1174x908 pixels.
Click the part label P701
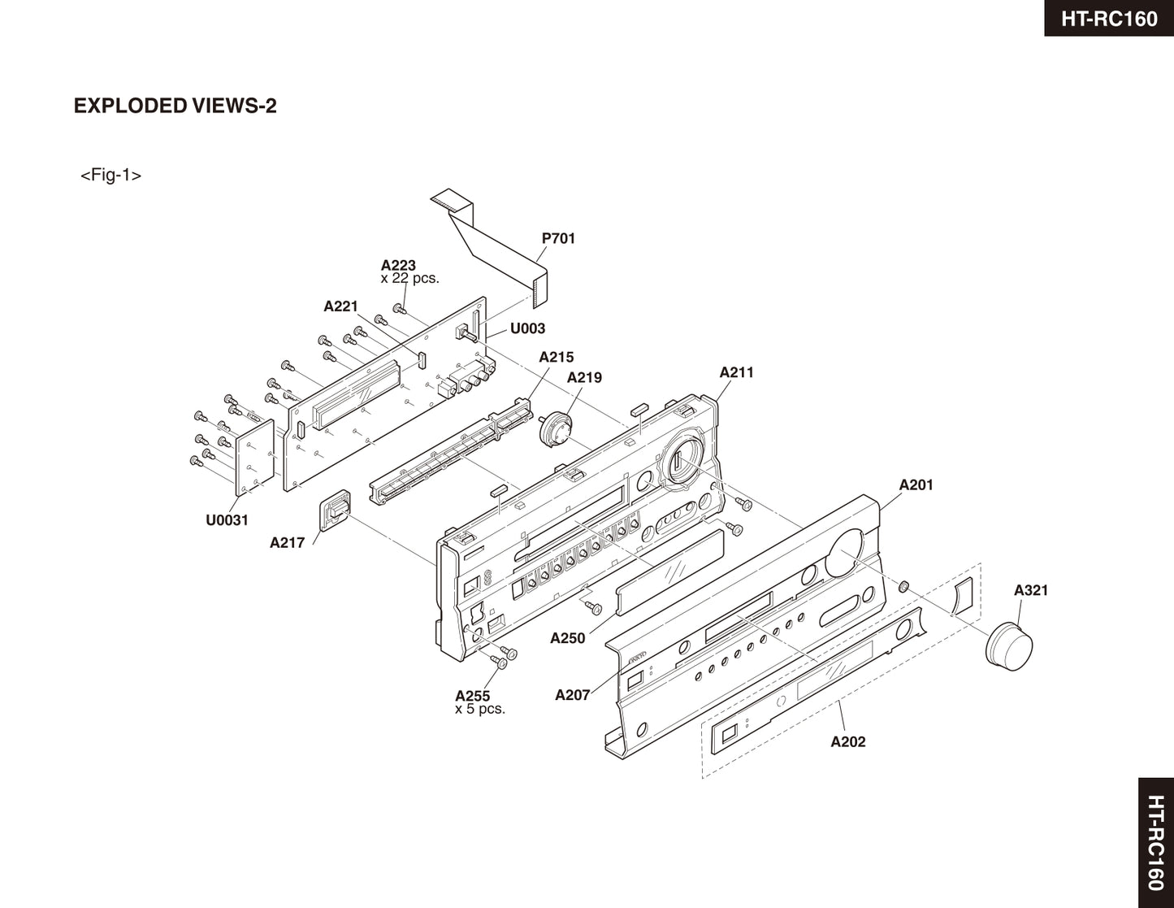pos(558,238)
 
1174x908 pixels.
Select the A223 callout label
pos(398,265)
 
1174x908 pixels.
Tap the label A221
pos(340,306)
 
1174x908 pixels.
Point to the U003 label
pos(527,328)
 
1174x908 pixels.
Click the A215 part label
pos(556,357)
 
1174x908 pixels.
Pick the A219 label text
pos(584,377)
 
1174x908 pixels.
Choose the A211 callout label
pos(736,372)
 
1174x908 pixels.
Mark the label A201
pos(916,484)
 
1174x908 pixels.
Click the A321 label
pos(1030,590)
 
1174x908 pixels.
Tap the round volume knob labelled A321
pos(1010,644)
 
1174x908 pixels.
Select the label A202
pos(847,741)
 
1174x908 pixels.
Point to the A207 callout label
pos(572,695)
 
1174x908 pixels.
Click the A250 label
pos(567,638)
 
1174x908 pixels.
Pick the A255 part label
pos(472,696)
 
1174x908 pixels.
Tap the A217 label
pos(287,542)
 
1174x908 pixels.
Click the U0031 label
pos(227,520)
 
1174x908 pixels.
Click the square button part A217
pos(335,510)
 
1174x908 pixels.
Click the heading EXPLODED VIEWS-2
pos(175,106)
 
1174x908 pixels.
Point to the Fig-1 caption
pos(110,175)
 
